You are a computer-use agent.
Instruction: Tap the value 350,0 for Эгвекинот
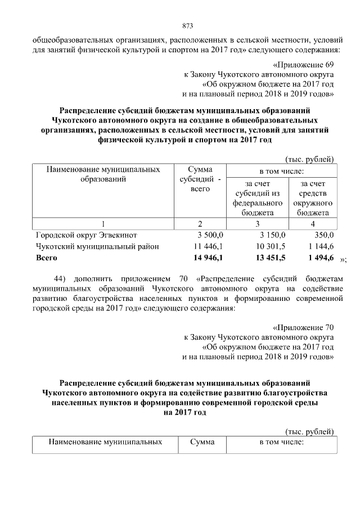click(323, 235)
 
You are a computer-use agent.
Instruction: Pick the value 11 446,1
click(208, 246)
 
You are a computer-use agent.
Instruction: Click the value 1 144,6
click(320, 246)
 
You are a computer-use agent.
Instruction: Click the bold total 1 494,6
click(320, 258)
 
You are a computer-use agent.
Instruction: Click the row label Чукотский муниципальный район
click(97, 246)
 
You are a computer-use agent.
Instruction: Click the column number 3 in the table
click(258, 223)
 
